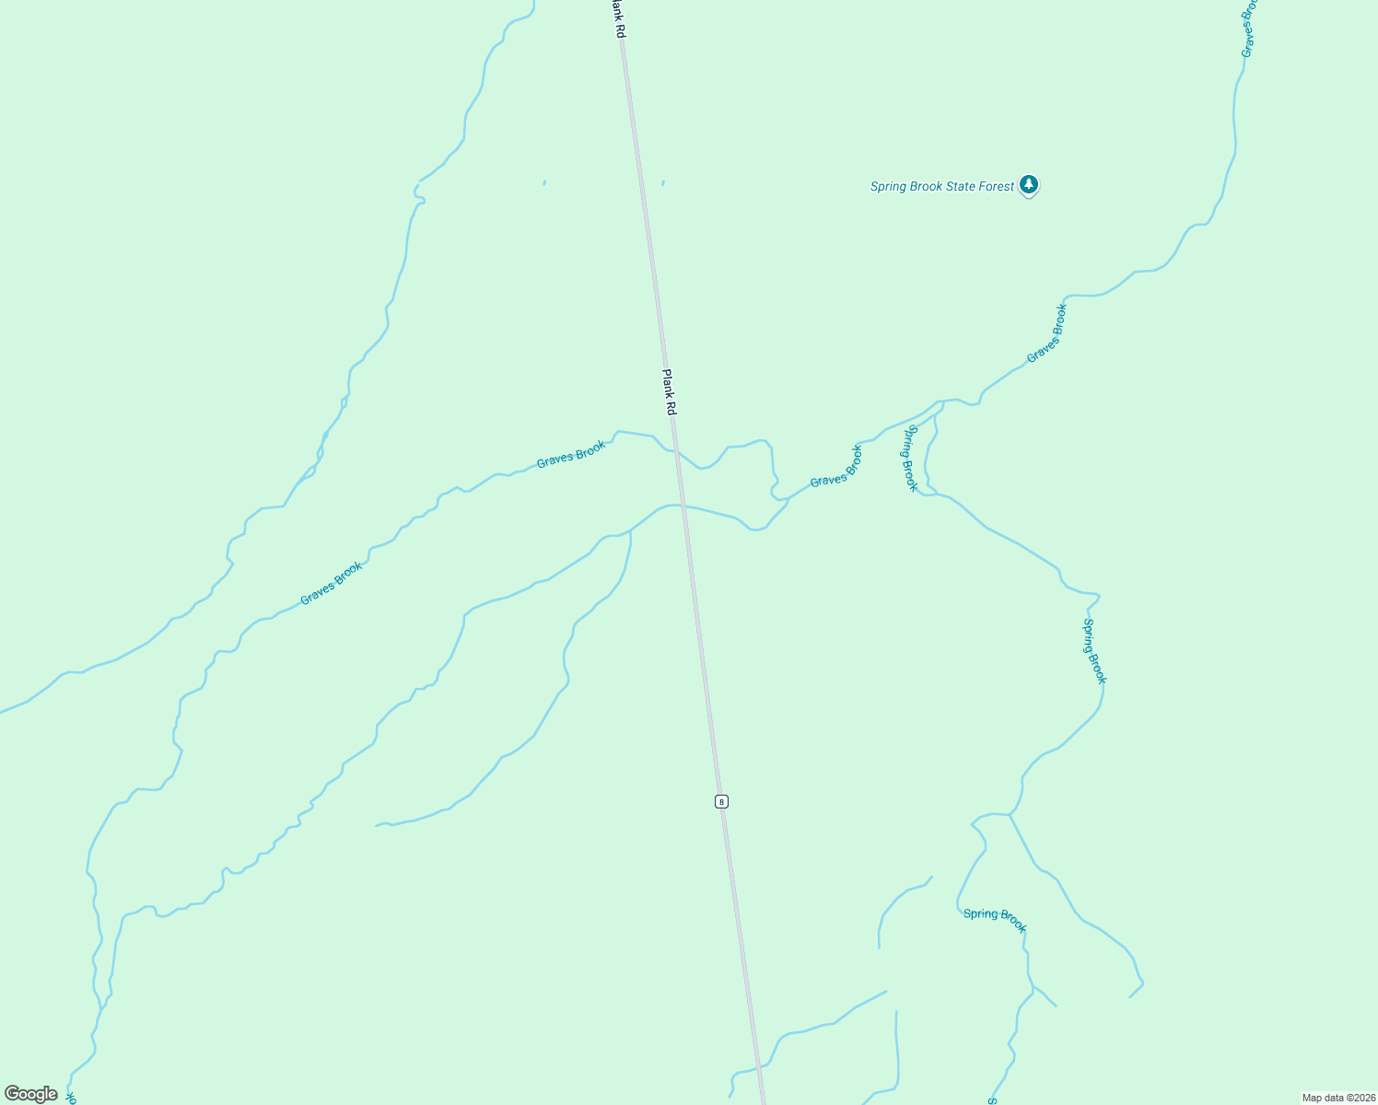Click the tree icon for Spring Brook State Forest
1029,185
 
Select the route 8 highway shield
721,801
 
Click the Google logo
31,1094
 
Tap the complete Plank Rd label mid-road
670,392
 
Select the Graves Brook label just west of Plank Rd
571,454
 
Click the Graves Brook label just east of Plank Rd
836,467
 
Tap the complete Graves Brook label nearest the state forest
1046,333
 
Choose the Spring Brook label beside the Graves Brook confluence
910,458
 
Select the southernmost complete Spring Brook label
995,919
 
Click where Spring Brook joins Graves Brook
940,404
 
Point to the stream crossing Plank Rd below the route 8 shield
759,1068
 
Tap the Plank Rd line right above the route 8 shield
718,773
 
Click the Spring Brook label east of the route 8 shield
1093,651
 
